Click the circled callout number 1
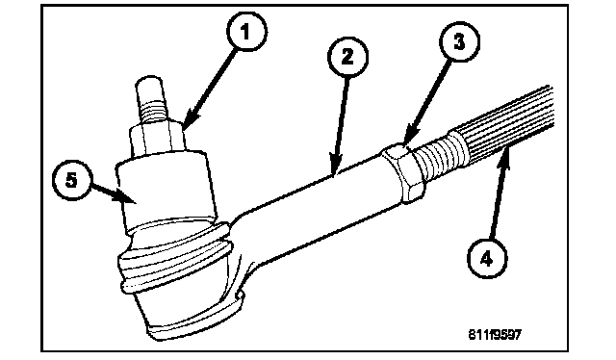246,32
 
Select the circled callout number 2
347,57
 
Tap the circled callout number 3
459,41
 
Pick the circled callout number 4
487,259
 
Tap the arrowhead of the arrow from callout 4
505,156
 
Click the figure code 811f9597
495,335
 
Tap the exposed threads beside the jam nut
439,157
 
